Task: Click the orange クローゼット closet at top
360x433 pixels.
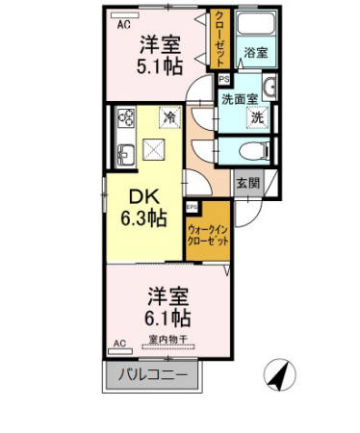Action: pos(221,38)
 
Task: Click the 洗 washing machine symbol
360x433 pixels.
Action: pos(257,117)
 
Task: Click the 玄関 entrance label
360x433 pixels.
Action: pos(247,181)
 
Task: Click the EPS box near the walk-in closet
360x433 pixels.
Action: pos(192,206)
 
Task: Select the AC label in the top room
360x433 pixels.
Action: pos(123,26)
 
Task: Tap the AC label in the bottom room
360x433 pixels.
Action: pos(121,343)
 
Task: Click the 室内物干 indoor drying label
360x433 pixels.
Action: pos(167,339)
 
